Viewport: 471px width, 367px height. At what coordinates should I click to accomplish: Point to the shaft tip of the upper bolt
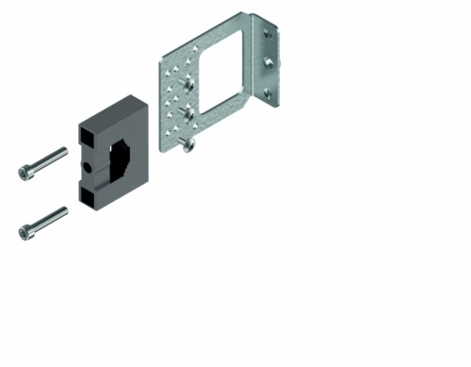tap(63, 150)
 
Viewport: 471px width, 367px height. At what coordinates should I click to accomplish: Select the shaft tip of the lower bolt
tap(63, 209)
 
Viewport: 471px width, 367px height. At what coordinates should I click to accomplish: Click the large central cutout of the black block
tap(122, 161)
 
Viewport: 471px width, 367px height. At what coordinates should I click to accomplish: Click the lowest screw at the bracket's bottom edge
tap(190, 143)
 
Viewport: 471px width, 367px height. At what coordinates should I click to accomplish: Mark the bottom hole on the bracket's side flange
tap(276, 93)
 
